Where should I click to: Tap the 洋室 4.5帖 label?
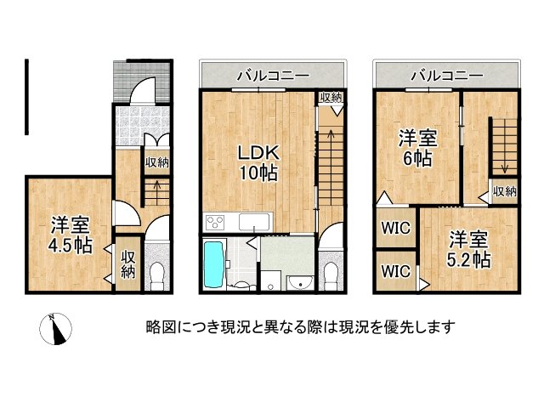tap(71, 235)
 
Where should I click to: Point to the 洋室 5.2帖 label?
tap(469, 248)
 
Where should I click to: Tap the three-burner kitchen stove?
tap(213, 224)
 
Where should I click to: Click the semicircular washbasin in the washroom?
tap(297, 282)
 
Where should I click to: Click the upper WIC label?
tap(394, 228)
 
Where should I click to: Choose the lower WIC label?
tap(394, 272)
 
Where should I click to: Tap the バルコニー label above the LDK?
tap(271, 75)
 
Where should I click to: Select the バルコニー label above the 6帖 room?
tap(445, 75)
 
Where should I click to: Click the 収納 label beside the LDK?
tap(330, 97)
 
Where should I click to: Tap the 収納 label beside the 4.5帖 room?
tap(127, 264)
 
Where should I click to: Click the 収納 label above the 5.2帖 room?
tap(504, 191)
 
